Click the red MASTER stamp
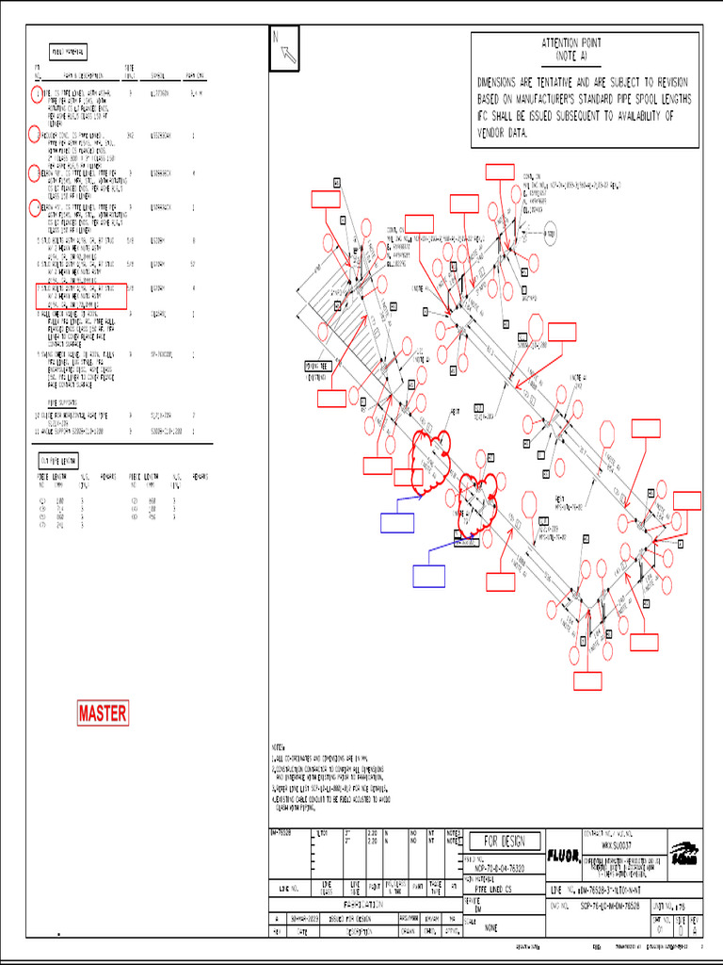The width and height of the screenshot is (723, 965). click(102, 713)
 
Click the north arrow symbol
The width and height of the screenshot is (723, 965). click(284, 47)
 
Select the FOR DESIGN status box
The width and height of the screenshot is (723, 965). click(511, 842)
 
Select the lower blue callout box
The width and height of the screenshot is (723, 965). click(429, 576)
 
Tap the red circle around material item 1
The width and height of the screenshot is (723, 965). click(36, 94)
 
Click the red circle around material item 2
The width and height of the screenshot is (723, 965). click(36, 134)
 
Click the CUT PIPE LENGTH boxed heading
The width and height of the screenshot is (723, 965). click(57, 460)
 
